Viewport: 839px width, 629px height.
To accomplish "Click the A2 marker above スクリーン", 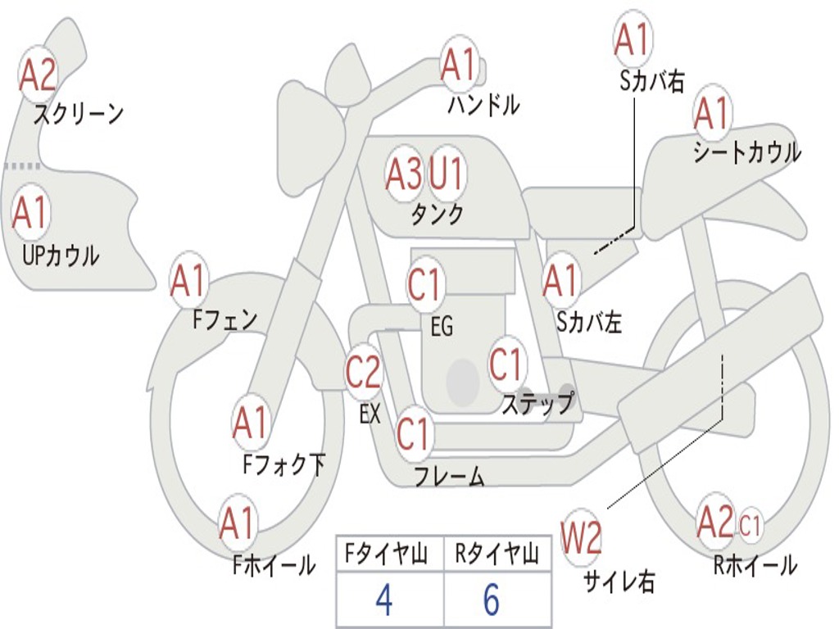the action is click(38, 75).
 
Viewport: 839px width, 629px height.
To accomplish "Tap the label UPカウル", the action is click(60, 256).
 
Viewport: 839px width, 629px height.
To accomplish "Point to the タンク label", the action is click(438, 214).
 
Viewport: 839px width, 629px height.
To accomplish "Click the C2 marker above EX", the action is click(363, 373).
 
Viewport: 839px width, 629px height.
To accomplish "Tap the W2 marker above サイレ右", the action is click(581, 538).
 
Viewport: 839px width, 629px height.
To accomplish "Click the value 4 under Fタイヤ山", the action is click(383, 600).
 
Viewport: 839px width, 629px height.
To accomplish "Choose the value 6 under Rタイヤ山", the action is click(491, 600).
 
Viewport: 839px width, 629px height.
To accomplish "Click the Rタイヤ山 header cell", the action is click(497, 555).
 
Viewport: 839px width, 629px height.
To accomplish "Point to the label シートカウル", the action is click(746, 153).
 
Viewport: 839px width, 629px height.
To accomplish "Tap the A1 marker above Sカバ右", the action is click(632, 40).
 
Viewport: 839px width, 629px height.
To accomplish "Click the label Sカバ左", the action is click(589, 322).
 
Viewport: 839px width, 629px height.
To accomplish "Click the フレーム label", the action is click(449, 476).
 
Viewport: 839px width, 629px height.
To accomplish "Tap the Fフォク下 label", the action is click(284, 465).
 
